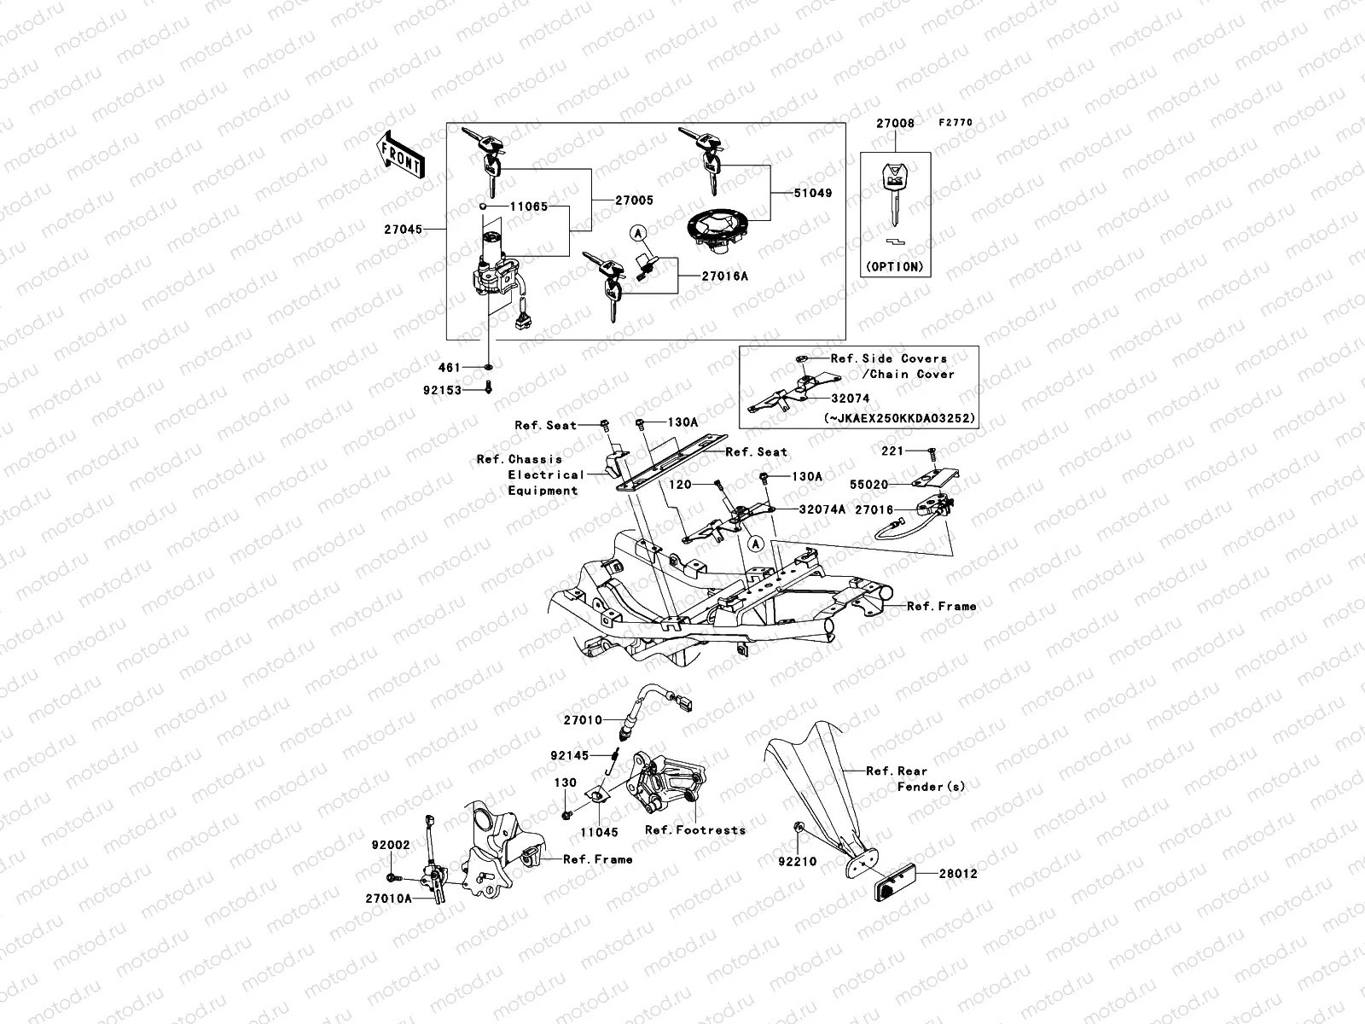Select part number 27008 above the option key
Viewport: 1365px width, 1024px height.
coord(895,123)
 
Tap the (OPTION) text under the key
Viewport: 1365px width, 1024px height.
coord(894,266)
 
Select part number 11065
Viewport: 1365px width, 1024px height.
coord(529,207)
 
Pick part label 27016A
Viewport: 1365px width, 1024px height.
coord(725,276)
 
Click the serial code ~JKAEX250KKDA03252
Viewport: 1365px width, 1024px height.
coord(900,419)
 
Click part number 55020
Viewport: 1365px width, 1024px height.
coord(871,484)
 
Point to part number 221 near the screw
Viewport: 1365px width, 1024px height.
coord(892,451)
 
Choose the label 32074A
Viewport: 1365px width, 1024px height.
coord(822,509)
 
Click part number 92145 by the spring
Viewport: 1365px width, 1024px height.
coord(568,755)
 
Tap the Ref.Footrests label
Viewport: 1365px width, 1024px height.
coord(694,829)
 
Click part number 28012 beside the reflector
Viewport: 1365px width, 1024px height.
coord(958,874)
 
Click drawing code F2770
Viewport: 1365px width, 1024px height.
coord(955,123)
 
